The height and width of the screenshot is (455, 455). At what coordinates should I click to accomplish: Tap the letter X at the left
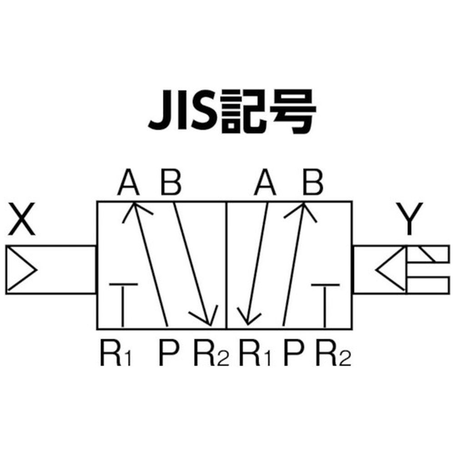[22, 219]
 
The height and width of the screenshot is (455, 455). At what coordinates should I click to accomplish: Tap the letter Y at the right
[409, 219]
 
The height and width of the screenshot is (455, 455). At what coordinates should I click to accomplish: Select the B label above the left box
[171, 182]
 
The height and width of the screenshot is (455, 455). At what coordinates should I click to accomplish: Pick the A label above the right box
[265, 182]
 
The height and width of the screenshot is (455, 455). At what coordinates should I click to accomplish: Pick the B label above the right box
[313, 182]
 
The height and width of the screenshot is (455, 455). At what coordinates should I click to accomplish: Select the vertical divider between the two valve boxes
[226, 265]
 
